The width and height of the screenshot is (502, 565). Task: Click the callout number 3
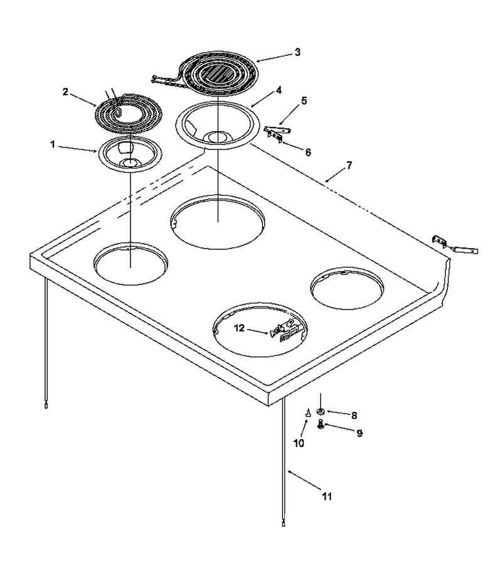point(297,52)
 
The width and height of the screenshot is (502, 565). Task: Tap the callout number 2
point(65,92)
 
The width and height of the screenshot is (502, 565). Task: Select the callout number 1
point(53,145)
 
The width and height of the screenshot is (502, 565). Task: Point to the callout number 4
point(279,90)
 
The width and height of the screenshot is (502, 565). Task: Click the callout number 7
point(349,165)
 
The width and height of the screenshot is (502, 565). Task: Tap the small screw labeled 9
point(320,424)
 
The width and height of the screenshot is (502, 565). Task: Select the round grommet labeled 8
point(319,411)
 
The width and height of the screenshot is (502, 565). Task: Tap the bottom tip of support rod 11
point(284,524)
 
